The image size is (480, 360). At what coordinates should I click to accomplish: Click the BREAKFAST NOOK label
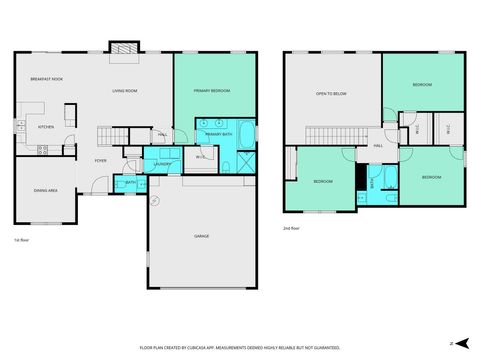click(x=46, y=78)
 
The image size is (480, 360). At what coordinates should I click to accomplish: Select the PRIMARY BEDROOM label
click(x=211, y=90)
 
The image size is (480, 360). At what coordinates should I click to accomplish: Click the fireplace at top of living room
click(x=123, y=47)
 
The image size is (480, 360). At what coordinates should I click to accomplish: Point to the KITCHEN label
click(x=45, y=127)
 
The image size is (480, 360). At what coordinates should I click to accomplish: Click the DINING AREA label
click(x=45, y=189)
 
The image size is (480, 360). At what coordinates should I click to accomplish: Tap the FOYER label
click(x=101, y=160)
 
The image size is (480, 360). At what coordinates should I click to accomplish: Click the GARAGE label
click(x=201, y=236)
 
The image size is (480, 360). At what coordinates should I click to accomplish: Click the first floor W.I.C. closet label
click(x=201, y=156)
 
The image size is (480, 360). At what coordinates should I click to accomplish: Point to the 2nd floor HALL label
click(x=378, y=146)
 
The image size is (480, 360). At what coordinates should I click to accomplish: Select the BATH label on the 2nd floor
click(x=373, y=181)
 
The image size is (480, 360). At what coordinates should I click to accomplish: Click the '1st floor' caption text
click(x=20, y=241)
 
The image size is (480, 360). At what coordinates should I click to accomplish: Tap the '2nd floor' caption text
click(x=291, y=227)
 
